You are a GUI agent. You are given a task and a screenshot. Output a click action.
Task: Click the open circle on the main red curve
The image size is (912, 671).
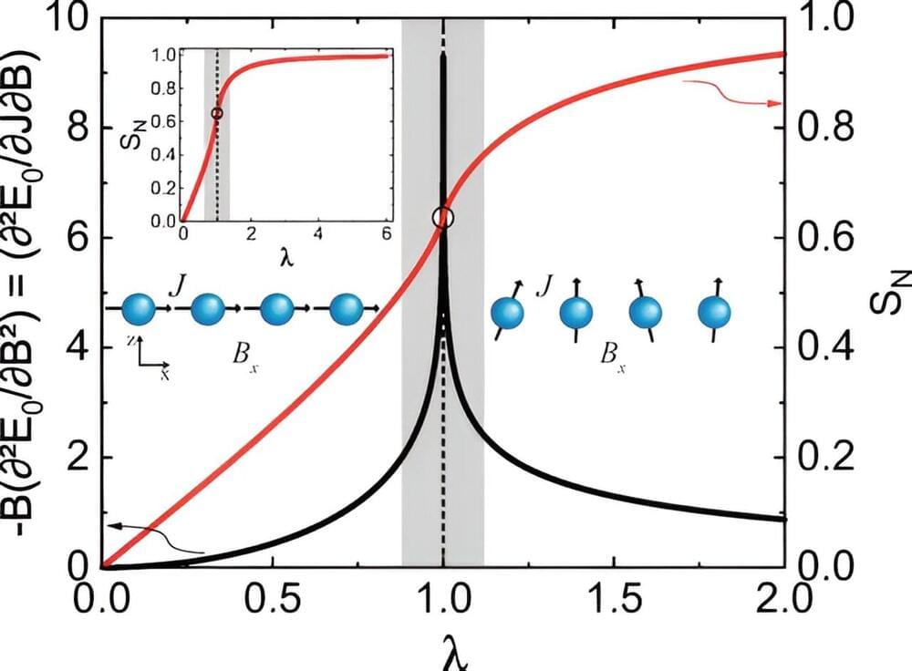tap(443, 217)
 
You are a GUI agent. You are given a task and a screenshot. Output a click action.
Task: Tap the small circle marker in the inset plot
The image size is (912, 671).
tap(216, 113)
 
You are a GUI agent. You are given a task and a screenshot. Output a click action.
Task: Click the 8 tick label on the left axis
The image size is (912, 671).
tap(71, 127)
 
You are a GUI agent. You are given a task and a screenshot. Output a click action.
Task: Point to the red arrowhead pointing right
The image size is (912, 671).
tap(774, 104)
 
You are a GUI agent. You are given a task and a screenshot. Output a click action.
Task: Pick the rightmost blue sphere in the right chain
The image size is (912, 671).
tap(715, 313)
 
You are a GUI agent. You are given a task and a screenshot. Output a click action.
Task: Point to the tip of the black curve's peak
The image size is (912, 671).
tap(443, 57)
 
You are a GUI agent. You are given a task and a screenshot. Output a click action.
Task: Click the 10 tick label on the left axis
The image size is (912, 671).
tap(64, 18)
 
